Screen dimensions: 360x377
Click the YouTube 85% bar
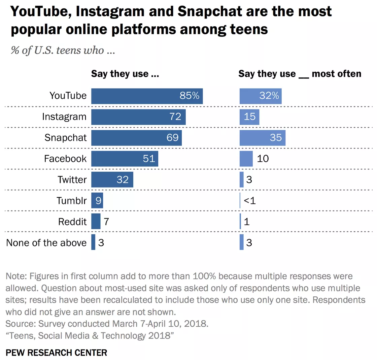tap(147, 96)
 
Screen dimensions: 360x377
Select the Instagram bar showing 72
tap(138, 117)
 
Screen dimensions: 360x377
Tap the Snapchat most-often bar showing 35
tap(262, 138)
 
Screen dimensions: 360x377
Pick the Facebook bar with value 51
tap(125, 159)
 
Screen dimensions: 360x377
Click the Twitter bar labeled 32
tap(112, 179)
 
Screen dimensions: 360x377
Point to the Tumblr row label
tap(71, 201)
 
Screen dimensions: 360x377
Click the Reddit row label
tap(72, 222)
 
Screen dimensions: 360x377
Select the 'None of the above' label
tap(46, 243)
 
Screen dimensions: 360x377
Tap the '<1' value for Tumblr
tap(250, 201)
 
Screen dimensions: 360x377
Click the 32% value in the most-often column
tap(269, 96)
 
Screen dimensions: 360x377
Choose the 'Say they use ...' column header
tap(125, 74)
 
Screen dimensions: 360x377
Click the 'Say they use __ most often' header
tap(300, 74)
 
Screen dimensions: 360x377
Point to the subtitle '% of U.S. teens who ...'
tap(63, 51)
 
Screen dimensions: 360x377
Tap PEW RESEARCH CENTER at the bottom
tap(57, 353)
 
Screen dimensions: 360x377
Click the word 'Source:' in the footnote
tap(21, 324)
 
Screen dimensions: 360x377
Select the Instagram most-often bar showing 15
tap(249, 117)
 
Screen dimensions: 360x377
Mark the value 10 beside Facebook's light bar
tap(263, 159)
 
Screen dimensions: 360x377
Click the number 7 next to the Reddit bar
tap(106, 222)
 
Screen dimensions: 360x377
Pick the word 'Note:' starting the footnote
tap(16, 276)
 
